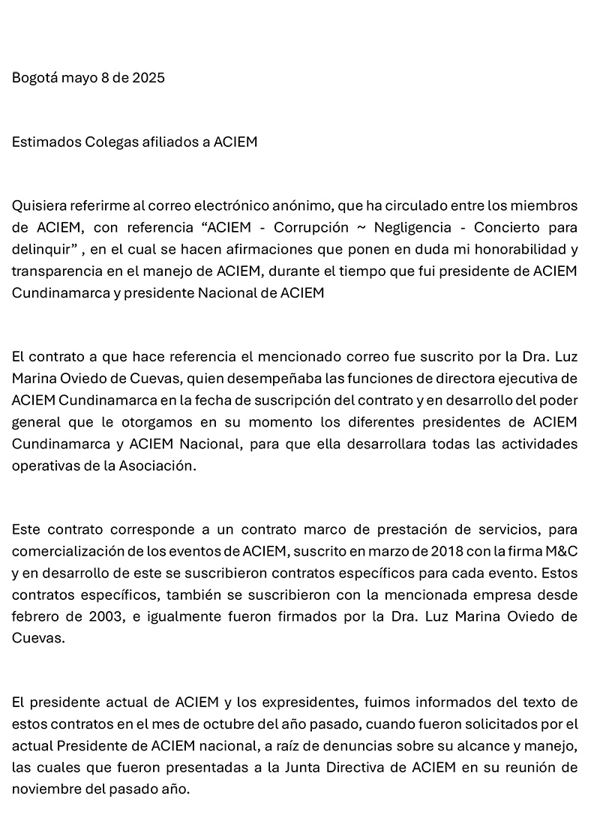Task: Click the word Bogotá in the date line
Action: pyautogui.click(x=34, y=78)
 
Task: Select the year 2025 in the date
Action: pyautogui.click(x=148, y=78)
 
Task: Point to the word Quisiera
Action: pyautogui.click(x=38, y=205)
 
